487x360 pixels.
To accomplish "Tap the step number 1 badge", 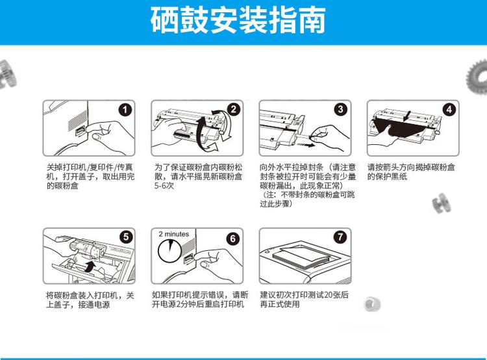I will (125, 110).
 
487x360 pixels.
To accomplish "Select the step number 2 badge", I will (233, 110).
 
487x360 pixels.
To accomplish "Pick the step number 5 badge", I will (125, 237).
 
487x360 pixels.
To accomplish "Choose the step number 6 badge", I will (233, 237).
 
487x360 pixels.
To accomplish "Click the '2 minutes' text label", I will (173, 234).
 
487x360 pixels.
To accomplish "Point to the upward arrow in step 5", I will (94, 267).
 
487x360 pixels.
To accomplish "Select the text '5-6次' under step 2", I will (164, 185).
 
